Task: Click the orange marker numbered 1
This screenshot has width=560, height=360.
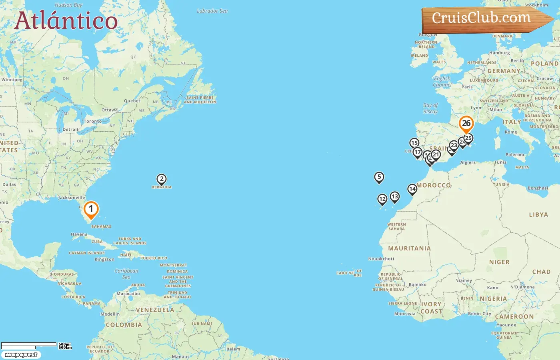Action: pos(91,209)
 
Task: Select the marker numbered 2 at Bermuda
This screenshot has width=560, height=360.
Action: pos(162,179)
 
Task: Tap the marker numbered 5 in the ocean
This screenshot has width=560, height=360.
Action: pos(379,177)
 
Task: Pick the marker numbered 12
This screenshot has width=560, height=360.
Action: pos(382,199)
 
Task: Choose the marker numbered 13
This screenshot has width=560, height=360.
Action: pos(395,196)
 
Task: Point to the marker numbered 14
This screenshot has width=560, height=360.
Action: pos(412,189)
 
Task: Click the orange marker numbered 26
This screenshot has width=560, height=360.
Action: pos(466,124)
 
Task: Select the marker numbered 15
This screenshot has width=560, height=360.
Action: pos(414,143)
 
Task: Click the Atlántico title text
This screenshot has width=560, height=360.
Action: pos(66,21)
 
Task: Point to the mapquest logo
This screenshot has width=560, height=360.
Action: pos(21,355)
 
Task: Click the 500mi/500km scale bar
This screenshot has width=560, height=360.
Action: pos(36,346)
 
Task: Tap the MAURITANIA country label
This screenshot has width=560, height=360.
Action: pos(409,248)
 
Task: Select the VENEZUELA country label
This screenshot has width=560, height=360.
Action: pos(155,310)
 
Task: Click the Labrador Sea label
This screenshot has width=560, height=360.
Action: pos(212,11)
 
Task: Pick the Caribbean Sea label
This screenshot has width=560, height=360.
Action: pos(126,274)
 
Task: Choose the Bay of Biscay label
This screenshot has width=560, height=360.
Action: pos(430,108)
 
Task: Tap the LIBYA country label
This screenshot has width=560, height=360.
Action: pos(538,215)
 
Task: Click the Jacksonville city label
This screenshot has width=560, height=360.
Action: pos(72,198)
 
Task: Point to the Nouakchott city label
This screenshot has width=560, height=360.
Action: pos(381,259)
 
